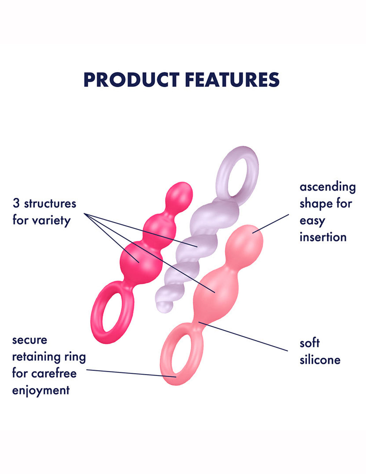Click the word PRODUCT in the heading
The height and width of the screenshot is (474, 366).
[131, 80]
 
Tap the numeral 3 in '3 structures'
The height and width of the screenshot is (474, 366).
[16, 203]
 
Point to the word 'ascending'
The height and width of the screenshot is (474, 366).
[327, 187]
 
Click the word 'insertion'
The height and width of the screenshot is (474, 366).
[323, 237]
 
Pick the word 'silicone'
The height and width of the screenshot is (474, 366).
[320, 360]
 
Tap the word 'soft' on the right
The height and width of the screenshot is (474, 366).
[309, 343]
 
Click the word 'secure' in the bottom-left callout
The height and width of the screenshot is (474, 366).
[29, 340]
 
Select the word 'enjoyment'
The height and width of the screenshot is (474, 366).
[41, 390]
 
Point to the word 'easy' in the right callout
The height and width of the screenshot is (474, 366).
[312, 220]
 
